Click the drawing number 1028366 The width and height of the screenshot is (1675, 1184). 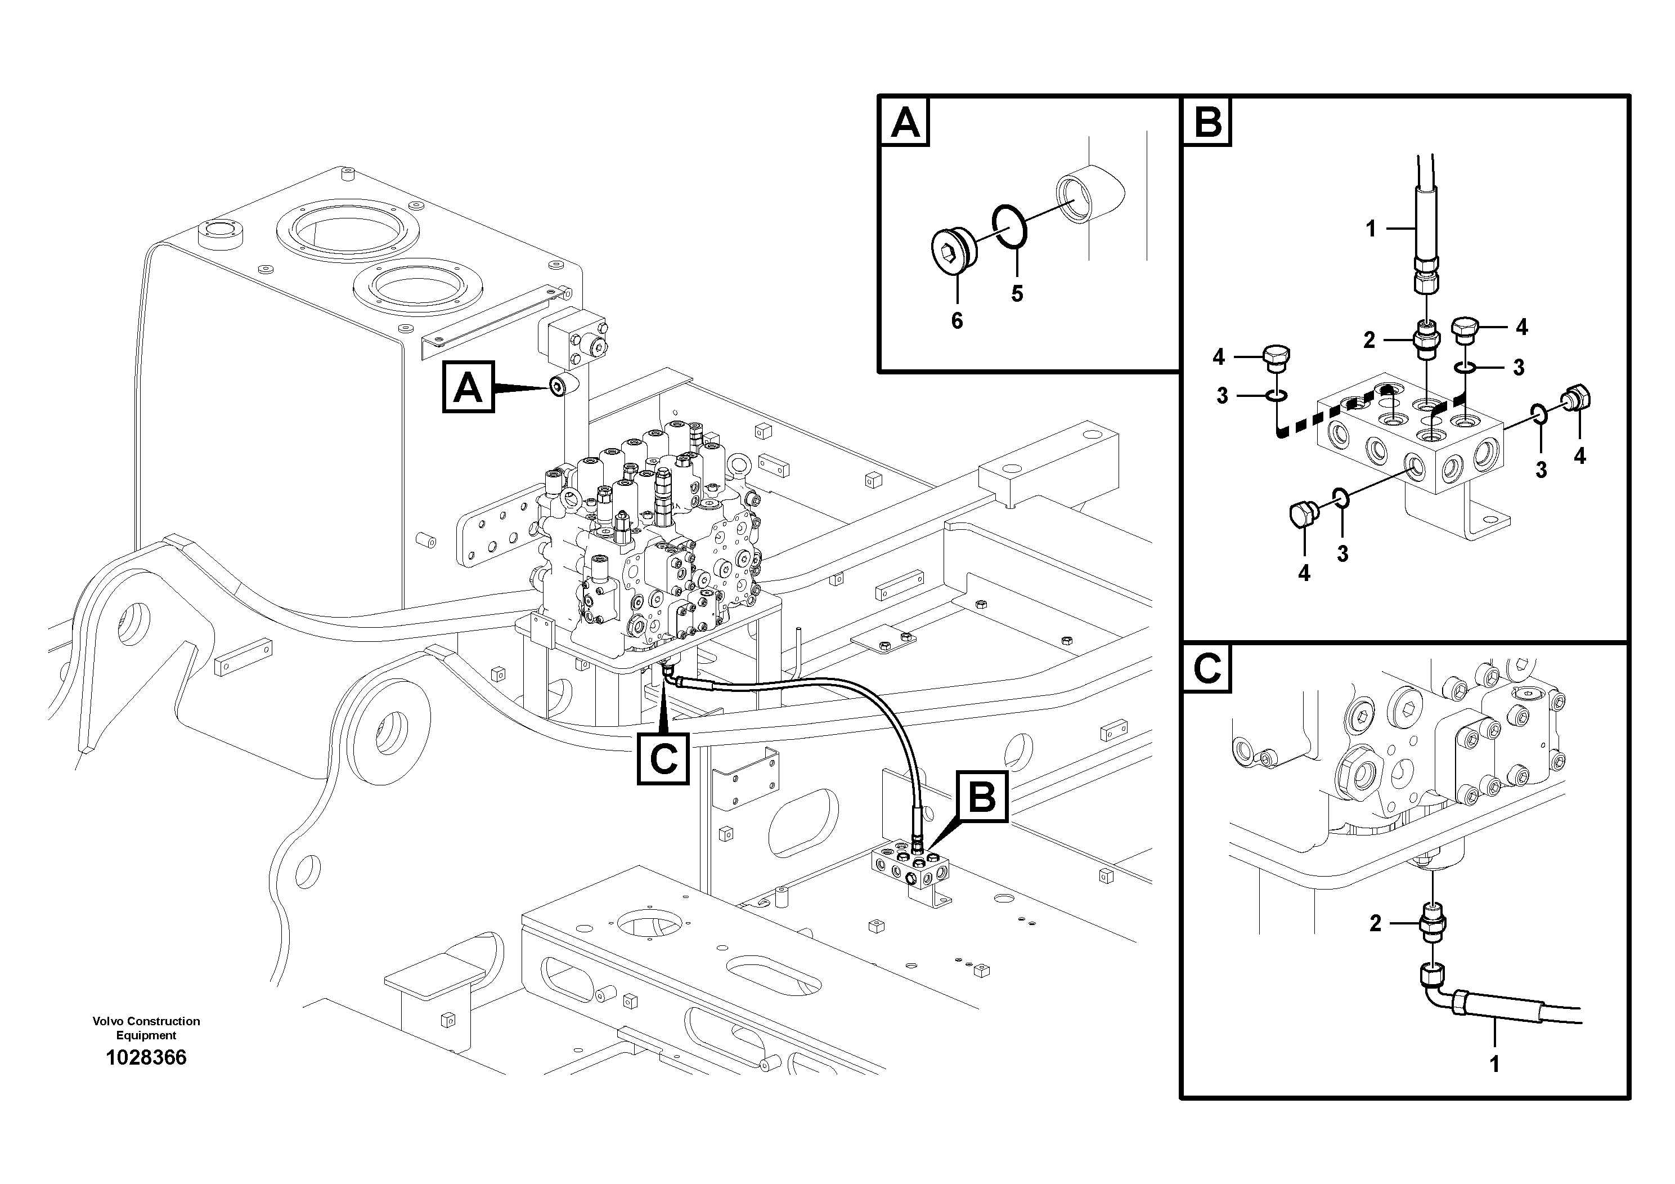click(x=146, y=1058)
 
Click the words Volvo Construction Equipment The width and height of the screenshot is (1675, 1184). click(x=146, y=1028)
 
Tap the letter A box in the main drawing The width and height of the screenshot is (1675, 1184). click(x=468, y=387)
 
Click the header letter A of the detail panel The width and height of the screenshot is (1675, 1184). click(x=905, y=123)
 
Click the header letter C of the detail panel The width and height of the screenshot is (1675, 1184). click(x=1207, y=668)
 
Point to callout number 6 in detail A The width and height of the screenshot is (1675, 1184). click(x=956, y=320)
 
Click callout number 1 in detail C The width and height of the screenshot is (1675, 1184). click(x=1494, y=1064)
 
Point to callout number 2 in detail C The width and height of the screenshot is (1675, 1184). click(x=1375, y=923)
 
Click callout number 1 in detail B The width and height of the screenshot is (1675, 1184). click(x=1370, y=229)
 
